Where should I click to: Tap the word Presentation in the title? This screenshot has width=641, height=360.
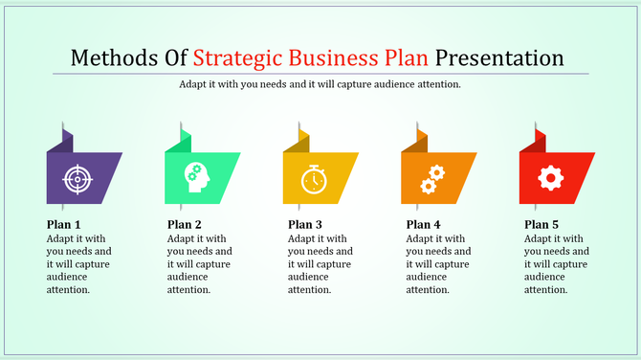coord(500,56)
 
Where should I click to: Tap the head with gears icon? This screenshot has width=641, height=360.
coord(195,177)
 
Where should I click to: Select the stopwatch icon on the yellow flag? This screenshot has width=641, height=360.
coord(313,178)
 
